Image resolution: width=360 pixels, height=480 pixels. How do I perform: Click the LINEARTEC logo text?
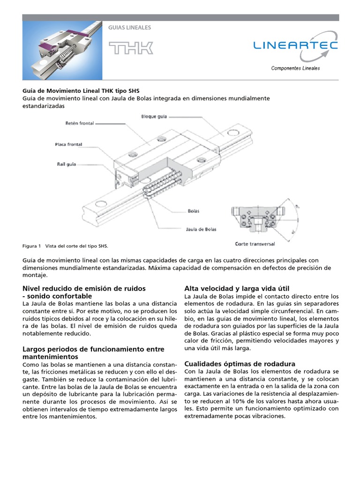[295, 45]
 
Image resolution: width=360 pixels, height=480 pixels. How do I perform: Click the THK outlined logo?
[131, 48]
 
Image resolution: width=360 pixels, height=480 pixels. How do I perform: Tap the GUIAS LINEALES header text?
[129, 28]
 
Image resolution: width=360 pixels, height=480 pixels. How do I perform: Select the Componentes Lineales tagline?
[295, 68]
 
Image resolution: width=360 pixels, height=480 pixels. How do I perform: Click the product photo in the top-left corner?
[62, 50]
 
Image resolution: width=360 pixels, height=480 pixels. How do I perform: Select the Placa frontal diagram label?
[68, 145]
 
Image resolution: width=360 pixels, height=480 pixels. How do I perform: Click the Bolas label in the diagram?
[194, 211]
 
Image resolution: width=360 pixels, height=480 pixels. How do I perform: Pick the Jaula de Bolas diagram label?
[198, 229]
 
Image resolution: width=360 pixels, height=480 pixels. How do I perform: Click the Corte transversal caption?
[255, 244]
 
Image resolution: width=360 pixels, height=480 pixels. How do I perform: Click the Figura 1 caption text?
[65, 246]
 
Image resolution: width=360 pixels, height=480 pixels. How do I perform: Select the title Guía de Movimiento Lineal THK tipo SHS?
[81, 90]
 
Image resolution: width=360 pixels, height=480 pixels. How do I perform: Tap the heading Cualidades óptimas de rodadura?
[240, 364]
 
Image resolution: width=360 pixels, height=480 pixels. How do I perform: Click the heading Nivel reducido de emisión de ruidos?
[84, 288]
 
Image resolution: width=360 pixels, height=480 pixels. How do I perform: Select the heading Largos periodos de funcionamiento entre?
[93, 349]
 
